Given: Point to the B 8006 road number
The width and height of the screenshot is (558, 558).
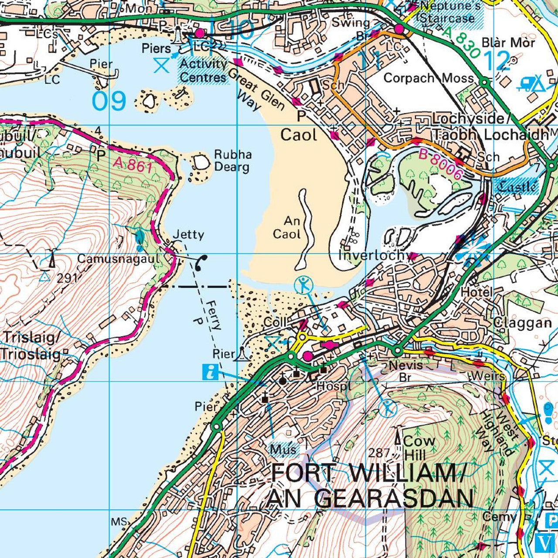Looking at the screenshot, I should [x=440, y=164].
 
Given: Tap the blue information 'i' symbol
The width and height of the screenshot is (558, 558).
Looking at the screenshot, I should [x=211, y=372].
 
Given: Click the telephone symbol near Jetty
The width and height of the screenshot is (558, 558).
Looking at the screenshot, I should [x=201, y=262].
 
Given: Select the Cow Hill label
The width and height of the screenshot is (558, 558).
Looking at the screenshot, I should [x=418, y=447].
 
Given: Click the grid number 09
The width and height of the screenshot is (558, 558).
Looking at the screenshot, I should [x=109, y=101].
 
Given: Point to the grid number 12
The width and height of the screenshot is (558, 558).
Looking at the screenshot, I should [x=496, y=61].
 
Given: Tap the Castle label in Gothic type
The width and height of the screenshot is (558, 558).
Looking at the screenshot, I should [x=517, y=187].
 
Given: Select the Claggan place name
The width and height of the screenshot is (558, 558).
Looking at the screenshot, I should [x=522, y=323].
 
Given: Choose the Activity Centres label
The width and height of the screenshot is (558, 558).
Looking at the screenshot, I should [x=204, y=71].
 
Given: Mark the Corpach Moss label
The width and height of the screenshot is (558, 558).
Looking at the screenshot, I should [x=428, y=78].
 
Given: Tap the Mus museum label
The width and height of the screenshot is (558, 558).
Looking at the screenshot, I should [x=283, y=449].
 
